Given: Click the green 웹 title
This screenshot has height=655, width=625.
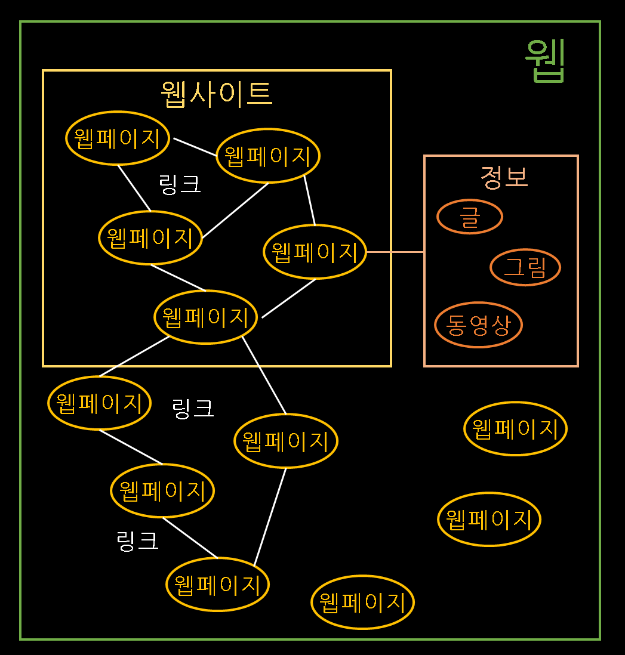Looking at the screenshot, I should click(x=545, y=60).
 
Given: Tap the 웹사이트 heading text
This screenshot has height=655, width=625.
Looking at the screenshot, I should click(x=216, y=94).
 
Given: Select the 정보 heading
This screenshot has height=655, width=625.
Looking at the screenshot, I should click(x=504, y=177).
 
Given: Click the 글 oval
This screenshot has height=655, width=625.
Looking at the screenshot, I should click(x=470, y=217).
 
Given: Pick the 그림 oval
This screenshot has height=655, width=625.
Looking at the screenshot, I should click(x=525, y=267).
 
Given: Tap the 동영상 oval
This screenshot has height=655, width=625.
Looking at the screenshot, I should click(x=478, y=325).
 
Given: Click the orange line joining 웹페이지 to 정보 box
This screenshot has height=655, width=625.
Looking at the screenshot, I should click(x=395, y=252).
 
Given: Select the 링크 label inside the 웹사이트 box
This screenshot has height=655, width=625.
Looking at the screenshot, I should click(x=180, y=184).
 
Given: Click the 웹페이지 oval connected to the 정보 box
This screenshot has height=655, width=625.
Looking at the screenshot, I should click(x=315, y=252).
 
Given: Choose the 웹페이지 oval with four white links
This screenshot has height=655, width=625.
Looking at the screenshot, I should click(x=206, y=317).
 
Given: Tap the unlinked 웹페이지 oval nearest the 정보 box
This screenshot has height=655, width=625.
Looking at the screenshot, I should click(x=515, y=428).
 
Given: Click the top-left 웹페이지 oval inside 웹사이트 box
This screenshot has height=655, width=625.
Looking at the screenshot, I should click(x=118, y=138).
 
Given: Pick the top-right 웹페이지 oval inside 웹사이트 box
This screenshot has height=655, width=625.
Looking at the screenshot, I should click(x=268, y=156).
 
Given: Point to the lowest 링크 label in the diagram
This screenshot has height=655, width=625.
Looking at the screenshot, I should click(x=137, y=540).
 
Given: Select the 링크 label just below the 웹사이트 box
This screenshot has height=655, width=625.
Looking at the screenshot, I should click(x=192, y=409).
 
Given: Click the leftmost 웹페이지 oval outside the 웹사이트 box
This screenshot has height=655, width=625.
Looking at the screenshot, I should click(x=100, y=403).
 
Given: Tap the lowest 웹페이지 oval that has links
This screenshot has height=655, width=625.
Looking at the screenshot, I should click(x=218, y=585).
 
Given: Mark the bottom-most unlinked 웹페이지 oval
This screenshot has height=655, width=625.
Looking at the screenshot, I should click(x=363, y=603).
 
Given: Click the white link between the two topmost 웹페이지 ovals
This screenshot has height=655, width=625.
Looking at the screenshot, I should click(x=195, y=147).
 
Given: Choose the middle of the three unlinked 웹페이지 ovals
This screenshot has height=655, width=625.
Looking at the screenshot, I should click(x=489, y=519).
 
